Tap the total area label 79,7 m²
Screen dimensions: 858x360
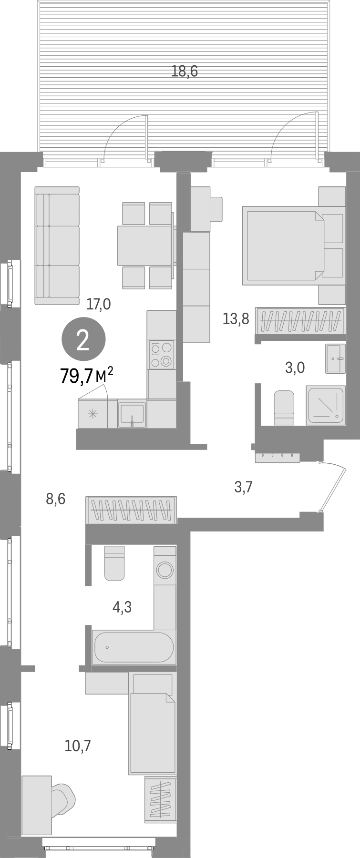tap(87, 376)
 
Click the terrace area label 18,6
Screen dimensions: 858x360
tap(185, 72)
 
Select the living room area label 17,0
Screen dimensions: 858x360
tap(99, 304)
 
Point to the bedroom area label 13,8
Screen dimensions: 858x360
tap(236, 318)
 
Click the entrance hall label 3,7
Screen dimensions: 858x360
tap(243, 487)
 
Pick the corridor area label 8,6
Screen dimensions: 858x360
tap(55, 499)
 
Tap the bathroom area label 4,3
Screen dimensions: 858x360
tap(122, 607)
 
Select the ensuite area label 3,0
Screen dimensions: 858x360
tap(295, 368)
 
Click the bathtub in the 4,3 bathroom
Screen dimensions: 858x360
tap(133, 647)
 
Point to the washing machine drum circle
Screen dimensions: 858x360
tap(165, 570)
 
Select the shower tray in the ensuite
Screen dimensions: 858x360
tap(326, 405)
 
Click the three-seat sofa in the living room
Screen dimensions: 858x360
tap(57, 245)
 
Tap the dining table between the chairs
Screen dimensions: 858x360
tap(145, 245)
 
